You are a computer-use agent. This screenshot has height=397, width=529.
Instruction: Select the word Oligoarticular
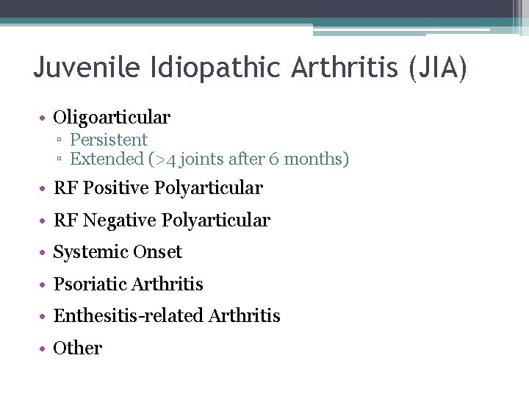click(112, 117)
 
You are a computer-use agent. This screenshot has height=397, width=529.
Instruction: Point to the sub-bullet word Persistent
click(109, 140)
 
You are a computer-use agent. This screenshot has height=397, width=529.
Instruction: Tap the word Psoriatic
click(90, 284)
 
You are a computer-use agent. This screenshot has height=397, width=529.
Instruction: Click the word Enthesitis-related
click(129, 316)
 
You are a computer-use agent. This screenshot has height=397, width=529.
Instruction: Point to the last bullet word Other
click(78, 348)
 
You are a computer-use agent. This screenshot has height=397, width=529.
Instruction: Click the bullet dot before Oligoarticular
click(45, 118)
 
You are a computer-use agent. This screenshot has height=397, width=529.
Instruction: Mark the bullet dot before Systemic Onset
click(45, 253)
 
